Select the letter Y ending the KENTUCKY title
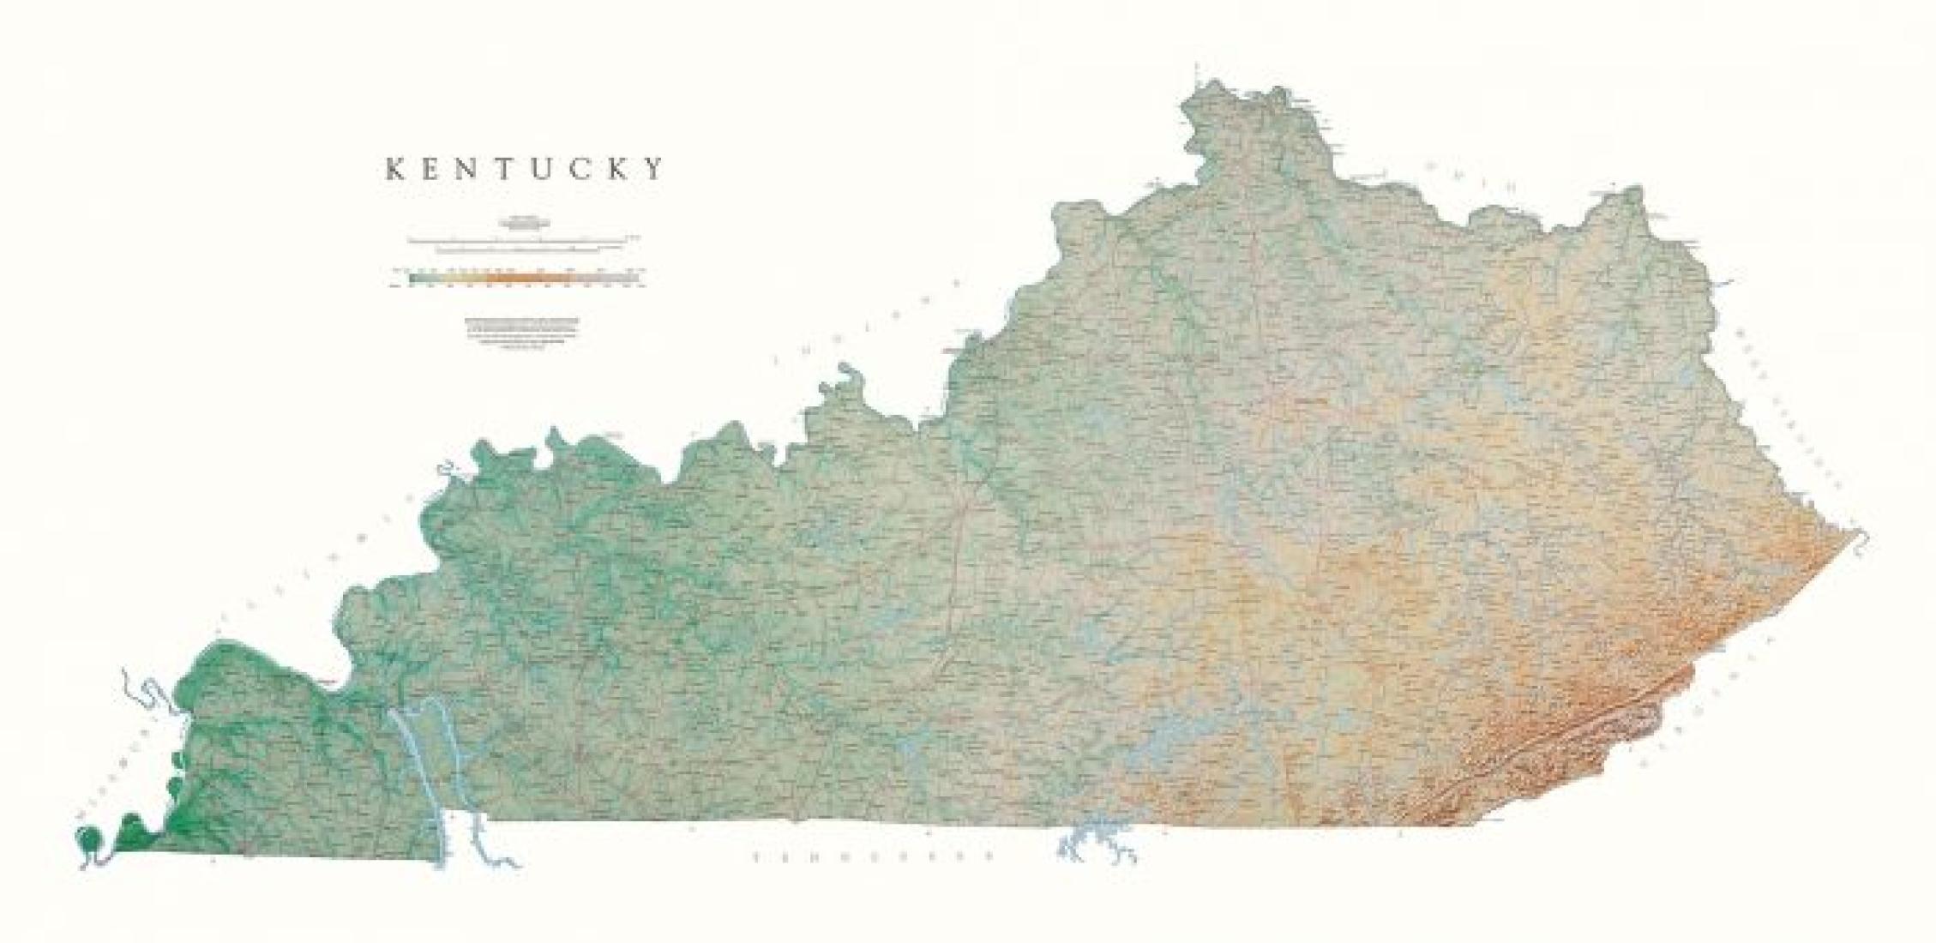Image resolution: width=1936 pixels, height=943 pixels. (x=656, y=169)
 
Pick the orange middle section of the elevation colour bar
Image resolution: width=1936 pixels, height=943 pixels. (x=523, y=277)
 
